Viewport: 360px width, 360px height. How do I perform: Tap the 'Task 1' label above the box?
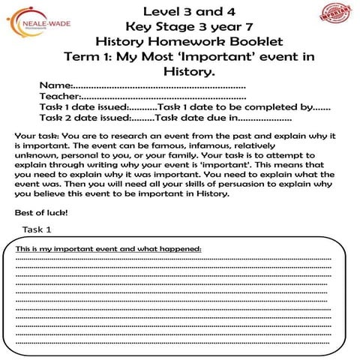tap(37, 229)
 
